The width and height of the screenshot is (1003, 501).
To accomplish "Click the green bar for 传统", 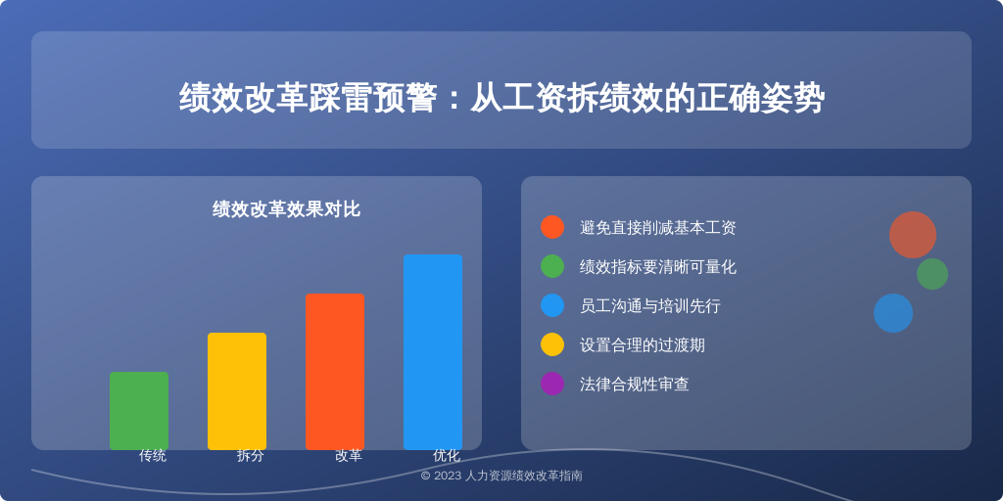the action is pyautogui.click(x=139, y=411).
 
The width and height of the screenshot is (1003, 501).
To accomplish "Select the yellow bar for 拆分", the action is pyautogui.click(x=237, y=391).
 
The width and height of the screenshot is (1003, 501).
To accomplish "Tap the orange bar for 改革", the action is pyautogui.click(x=335, y=372).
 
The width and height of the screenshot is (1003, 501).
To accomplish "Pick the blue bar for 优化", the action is pyautogui.click(x=432, y=352).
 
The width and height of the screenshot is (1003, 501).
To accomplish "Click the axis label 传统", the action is pyautogui.click(x=152, y=456).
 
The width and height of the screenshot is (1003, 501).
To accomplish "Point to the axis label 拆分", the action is pyautogui.click(x=250, y=456).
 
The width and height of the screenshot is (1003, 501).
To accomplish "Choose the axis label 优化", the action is pyautogui.click(x=446, y=456).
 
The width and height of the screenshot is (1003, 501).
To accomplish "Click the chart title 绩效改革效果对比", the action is pyautogui.click(x=286, y=209).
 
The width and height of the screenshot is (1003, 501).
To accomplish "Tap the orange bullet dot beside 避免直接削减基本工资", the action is pyautogui.click(x=552, y=227).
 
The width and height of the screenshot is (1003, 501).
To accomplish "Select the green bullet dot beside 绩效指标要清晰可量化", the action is pyautogui.click(x=552, y=266).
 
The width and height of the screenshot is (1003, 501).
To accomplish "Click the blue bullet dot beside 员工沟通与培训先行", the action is pyautogui.click(x=552, y=305).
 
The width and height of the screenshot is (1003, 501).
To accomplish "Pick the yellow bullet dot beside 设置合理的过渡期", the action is pyautogui.click(x=552, y=344).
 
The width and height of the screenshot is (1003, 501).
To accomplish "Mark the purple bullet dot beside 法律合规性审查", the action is pyautogui.click(x=552, y=384).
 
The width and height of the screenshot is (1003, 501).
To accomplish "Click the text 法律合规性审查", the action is pyautogui.click(x=634, y=384).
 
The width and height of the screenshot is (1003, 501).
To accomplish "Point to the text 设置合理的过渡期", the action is pyautogui.click(x=643, y=345).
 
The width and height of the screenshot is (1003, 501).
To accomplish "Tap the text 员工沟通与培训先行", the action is pyautogui.click(x=650, y=306).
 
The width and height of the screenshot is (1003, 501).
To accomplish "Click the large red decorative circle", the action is pyautogui.click(x=912, y=235).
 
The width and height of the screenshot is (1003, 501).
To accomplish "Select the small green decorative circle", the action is pyautogui.click(x=932, y=274).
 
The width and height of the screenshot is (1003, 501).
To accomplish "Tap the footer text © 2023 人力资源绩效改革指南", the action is pyautogui.click(x=501, y=476).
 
